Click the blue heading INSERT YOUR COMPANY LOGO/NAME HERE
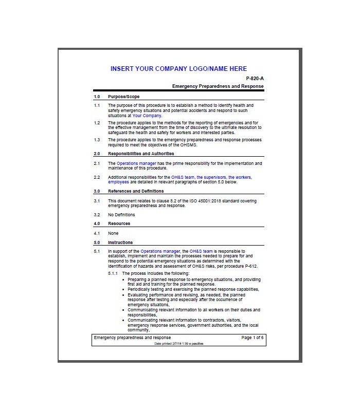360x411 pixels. pyautogui.click(x=178, y=69)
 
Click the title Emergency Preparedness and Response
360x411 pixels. pyautogui.click(x=218, y=86)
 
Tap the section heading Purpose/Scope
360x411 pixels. pyautogui.click(x=123, y=97)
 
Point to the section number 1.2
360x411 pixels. pyautogui.click(x=97, y=123)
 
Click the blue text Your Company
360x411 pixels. pyautogui.click(x=147, y=116)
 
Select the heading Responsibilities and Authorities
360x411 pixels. pyautogui.click(x=141, y=154)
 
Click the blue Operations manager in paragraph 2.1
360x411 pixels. pyautogui.click(x=132, y=163)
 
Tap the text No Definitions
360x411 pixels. pyautogui.click(x=121, y=215)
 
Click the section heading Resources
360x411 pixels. pyautogui.click(x=119, y=224)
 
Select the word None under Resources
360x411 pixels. pyautogui.click(x=113, y=233)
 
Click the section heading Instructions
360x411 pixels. pyautogui.click(x=120, y=242)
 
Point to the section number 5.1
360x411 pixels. pyautogui.click(x=97, y=252)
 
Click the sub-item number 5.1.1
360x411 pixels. pyautogui.click(x=113, y=273)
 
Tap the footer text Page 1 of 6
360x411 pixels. pyautogui.click(x=252, y=338)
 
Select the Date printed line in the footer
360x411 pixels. pyautogui.click(x=178, y=343)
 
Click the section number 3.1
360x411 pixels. pyautogui.click(x=97, y=201)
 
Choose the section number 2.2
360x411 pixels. pyautogui.click(x=97, y=177)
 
